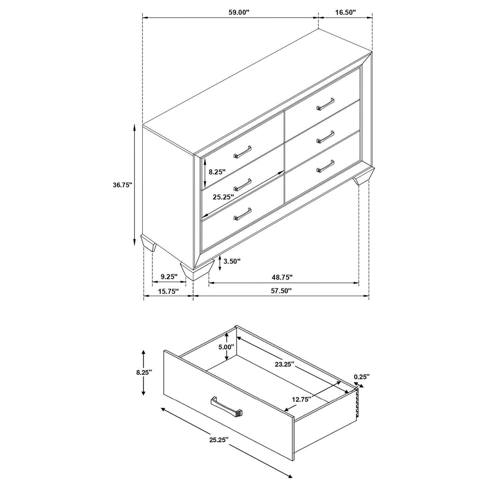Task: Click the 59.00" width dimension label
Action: tap(239, 12)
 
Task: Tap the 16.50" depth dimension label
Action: tap(345, 12)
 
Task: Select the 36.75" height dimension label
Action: tap(122, 185)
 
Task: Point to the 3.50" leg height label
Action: tap(232, 261)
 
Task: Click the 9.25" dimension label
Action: tap(169, 277)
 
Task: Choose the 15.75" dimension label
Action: tap(168, 291)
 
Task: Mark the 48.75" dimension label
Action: tap(282, 277)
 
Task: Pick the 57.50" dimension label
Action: tap(281, 291)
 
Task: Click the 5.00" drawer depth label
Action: tap(226, 347)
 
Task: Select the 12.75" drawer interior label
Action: tap(301, 399)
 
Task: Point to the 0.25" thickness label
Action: tap(362, 376)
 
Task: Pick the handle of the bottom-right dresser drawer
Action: tap(325, 166)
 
